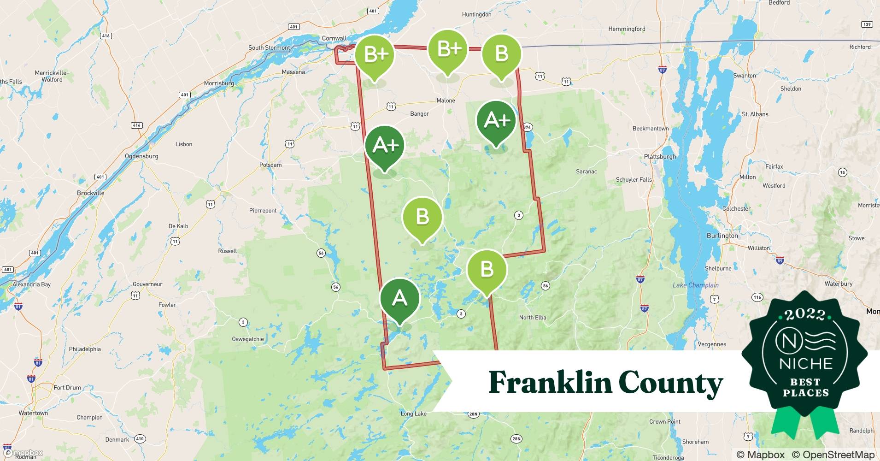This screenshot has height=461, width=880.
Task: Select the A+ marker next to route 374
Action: click(x=496, y=121)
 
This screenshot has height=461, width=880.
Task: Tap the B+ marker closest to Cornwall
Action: click(x=375, y=55)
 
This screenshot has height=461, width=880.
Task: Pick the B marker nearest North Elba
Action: click(x=487, y=270)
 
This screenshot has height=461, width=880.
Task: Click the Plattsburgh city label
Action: click(x=660, y=157)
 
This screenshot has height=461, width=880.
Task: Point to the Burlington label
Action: click(x=722, y=236)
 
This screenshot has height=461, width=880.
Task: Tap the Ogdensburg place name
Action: click(x=141, y=156)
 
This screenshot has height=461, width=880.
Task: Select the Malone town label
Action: click(x=446, y=100)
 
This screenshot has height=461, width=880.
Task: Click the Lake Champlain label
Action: click(x=695, y=285)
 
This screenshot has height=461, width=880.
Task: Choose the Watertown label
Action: click(x=33, y=413)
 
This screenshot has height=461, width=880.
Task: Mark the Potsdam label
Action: click(x=270, y=165)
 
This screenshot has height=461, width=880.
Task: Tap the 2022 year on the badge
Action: click(x=805, y=314)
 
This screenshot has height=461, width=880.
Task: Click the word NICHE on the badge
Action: click(x=806, y=364)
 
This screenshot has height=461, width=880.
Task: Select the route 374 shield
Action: click(x=527, y=127)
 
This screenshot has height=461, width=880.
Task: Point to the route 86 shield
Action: click(x=546, y=286)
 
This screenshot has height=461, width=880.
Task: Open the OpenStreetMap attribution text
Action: click(x=833, y=455)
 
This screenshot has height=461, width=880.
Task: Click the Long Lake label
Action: click(x=413, y=414)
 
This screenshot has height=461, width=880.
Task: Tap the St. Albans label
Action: click(x=755, y=114)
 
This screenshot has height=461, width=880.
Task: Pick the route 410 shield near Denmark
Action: click(x=140, y=439)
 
